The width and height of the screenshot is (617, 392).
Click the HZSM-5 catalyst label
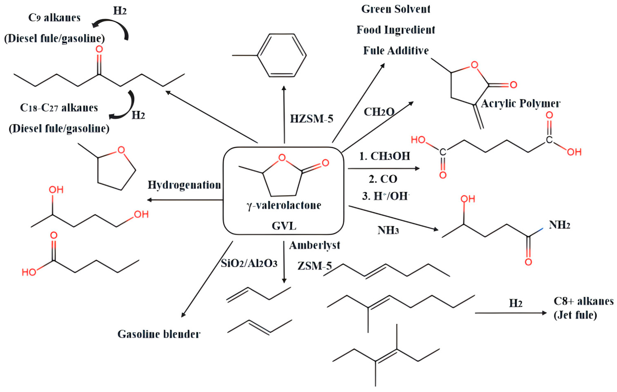coord(311,119)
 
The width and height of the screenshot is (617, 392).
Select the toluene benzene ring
coord(282,55)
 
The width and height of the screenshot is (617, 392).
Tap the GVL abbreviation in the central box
coord(284,226)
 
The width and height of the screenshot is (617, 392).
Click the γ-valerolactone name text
coord(284,205)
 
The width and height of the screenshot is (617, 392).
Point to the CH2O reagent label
coord(379,112)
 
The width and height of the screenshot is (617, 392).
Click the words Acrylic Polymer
coord(520,104)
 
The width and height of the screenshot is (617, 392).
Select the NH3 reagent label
coord(388,230)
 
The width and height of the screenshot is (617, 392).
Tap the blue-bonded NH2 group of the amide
coord(559,225)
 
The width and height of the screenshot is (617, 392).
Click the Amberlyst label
coord(315,245)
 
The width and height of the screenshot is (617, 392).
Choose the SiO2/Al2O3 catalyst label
coord(249,263)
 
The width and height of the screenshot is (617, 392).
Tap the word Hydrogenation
coord(184,185)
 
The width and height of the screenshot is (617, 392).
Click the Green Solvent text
coord(396,9)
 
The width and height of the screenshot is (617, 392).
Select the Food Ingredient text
coord(396,30)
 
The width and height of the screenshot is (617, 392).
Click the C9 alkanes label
coord(54,18)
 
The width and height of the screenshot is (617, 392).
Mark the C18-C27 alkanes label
coord(59,108)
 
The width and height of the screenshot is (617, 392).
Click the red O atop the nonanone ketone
coord(99,49)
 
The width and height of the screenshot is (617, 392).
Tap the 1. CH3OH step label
coord(384,156)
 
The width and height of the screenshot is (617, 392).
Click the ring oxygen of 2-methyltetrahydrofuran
coord(121,150)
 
